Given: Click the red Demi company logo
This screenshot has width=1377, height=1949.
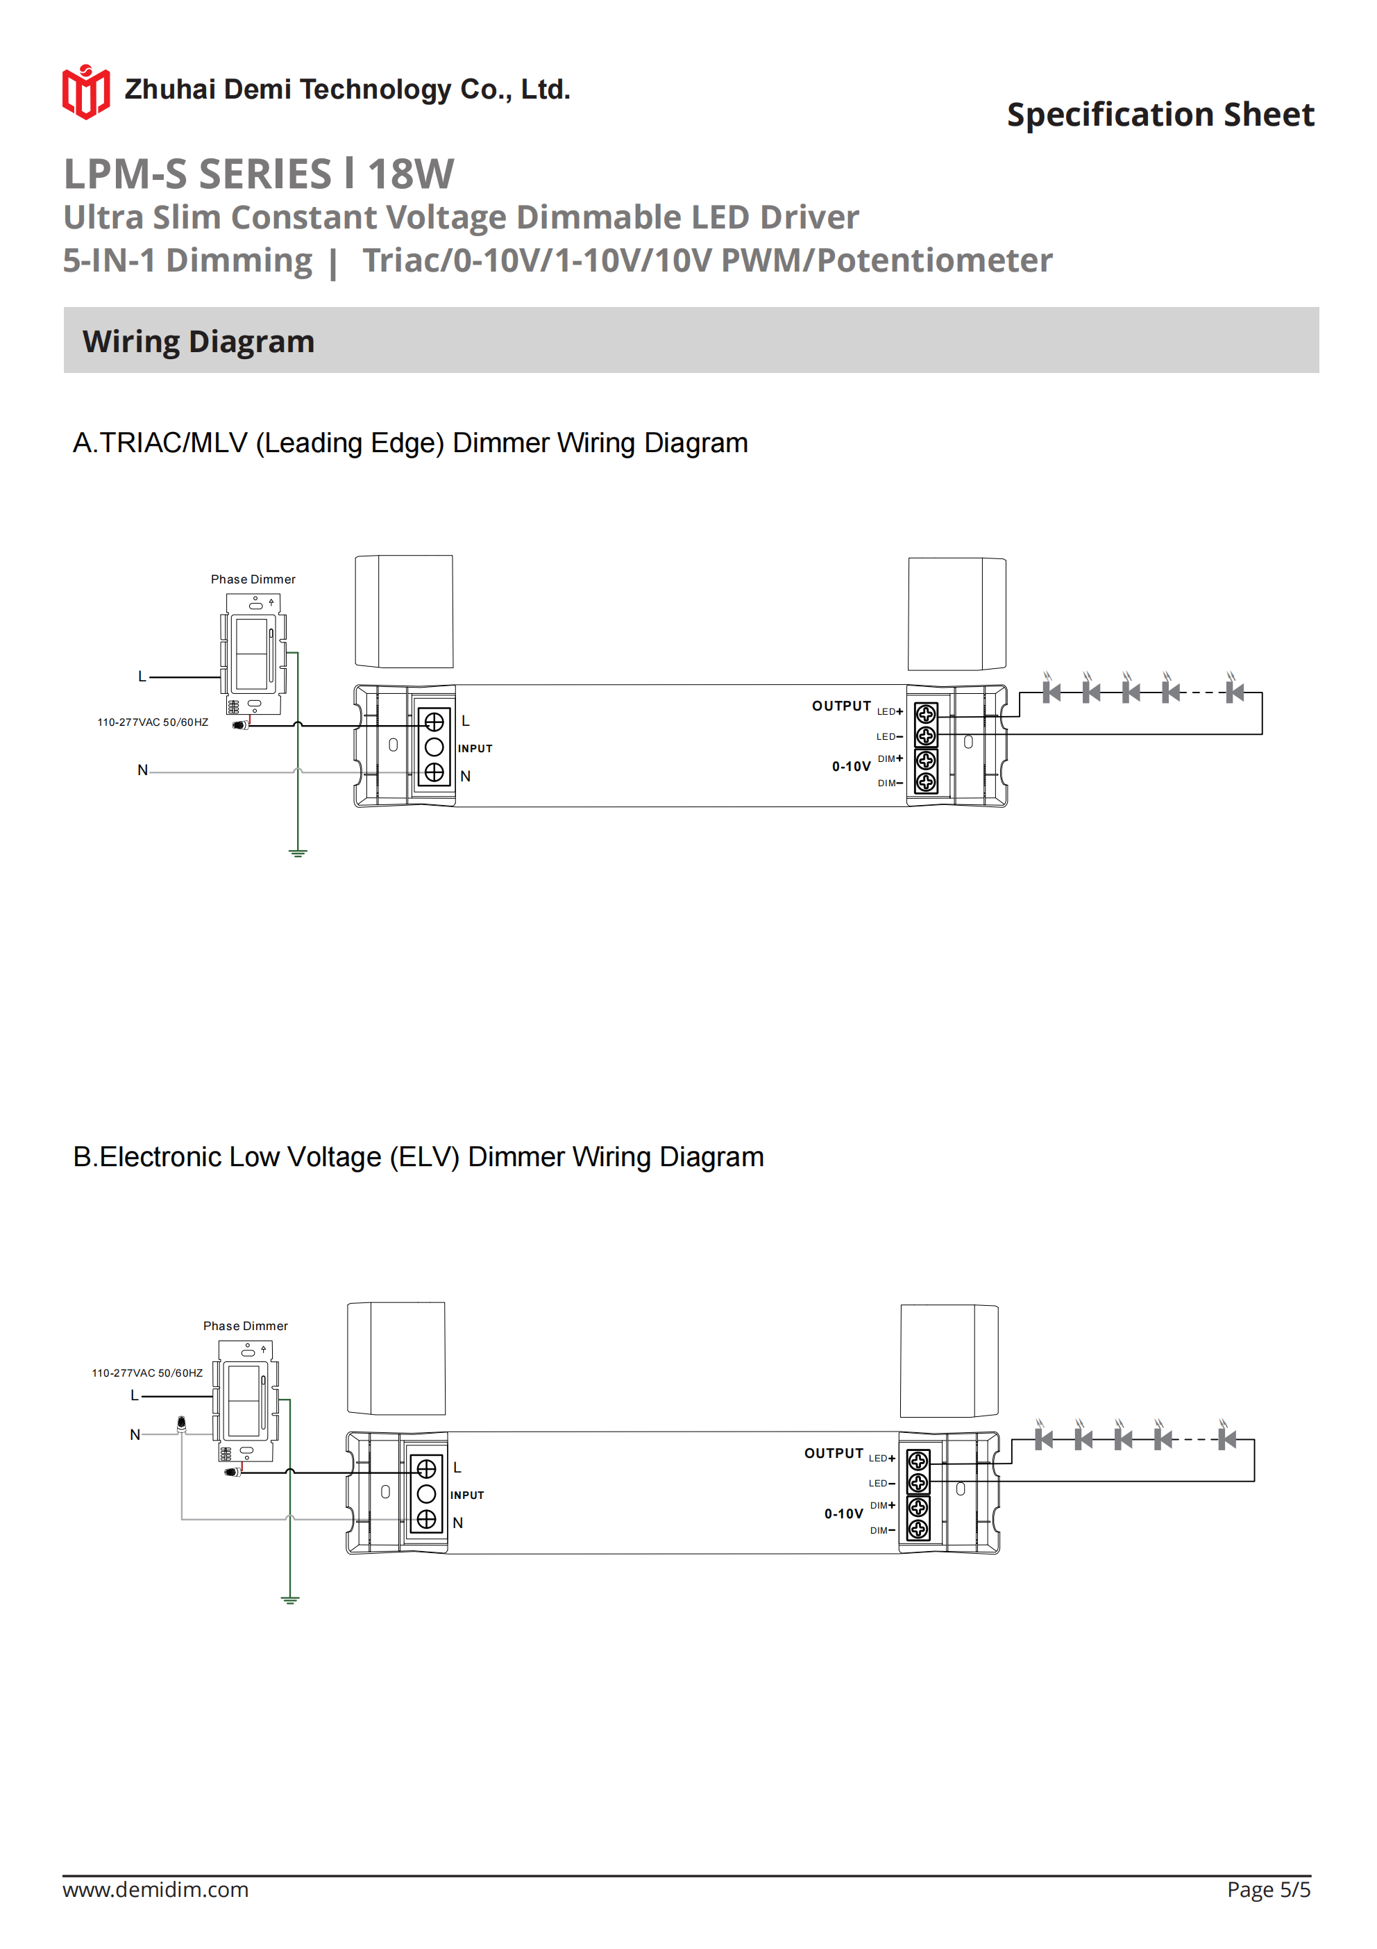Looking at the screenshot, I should [85, 91].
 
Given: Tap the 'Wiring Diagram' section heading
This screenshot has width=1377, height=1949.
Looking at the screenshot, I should [198, 341].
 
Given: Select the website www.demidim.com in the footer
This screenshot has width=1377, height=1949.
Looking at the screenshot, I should [155, 1889].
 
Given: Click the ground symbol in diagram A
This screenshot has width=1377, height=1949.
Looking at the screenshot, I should [298, 852].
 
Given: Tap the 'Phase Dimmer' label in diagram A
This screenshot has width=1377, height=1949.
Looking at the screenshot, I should [253, 579].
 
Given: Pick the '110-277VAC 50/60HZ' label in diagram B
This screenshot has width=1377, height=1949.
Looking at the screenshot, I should [146, 1372].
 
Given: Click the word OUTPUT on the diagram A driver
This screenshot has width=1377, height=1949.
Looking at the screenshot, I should [840, 706].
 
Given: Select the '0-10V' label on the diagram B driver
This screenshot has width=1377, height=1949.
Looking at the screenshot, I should [843, 1513].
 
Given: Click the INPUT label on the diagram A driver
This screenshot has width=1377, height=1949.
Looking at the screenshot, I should [475, 749].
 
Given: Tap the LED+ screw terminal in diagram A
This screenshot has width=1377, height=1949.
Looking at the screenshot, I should [926, 714].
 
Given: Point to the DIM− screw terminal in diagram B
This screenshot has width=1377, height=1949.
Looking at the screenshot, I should [918, 1529].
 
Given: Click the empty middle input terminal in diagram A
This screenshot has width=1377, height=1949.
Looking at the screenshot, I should [434, 747].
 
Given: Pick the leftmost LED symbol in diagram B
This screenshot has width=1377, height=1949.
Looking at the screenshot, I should [1044, 1439].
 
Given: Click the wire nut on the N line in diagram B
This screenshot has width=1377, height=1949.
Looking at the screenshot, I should [182, 1424].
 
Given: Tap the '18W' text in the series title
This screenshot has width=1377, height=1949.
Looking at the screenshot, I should [412, 174].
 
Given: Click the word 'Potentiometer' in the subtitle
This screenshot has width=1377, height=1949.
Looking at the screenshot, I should [934, 260].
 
